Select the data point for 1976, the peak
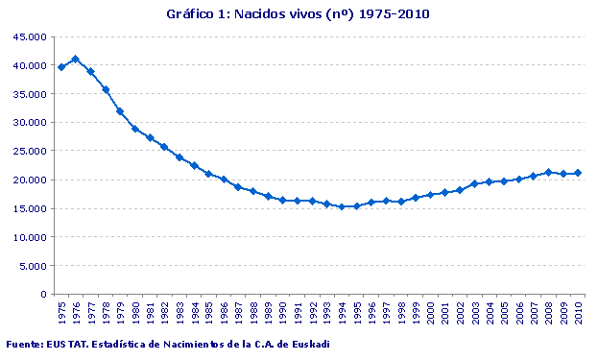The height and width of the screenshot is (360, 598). [x=76, y=60]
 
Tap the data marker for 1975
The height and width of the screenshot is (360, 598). [x=61, y=67]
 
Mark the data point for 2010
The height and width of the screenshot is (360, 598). [x=578, y=173]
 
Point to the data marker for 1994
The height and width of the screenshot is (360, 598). [x=341, y=206]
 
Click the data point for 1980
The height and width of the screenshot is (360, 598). [x=135, y=129]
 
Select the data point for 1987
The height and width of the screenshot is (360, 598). [x=238, y=186]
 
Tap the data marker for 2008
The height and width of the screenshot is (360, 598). [x=548, y=172]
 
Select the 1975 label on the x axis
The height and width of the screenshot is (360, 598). [x=61, y=312]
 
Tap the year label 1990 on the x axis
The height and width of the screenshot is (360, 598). [x=283, y=312]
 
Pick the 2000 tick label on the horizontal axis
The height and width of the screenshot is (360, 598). [x=430, y=312]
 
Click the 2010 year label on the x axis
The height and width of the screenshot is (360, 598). [x=578, y=312]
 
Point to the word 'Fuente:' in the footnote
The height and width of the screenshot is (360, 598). [x=24, y=345]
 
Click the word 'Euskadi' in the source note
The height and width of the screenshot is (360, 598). [x=309, y=345]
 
